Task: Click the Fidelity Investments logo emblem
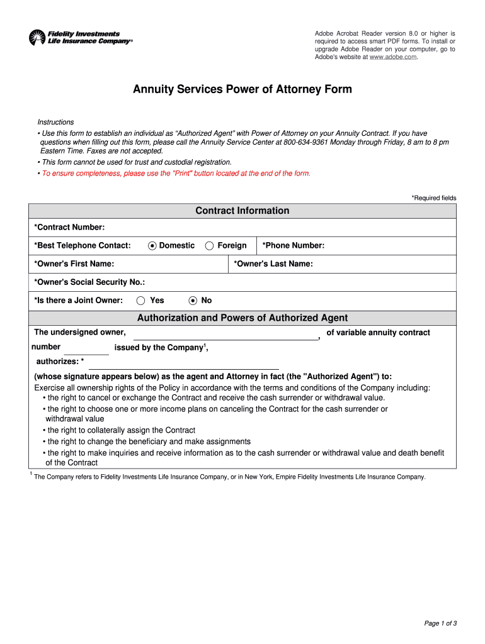[x=37, y=38]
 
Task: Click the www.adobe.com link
[x=393, y=57]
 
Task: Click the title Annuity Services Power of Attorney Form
[x=243, y=89]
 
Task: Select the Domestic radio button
[x=152, y=246]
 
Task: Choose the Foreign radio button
[x=210, y=246]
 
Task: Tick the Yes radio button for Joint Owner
[x=141, y=301]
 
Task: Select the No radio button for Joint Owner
[x=193, y=301]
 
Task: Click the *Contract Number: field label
[x=69, y=227]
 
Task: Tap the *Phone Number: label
[x=293, y=245]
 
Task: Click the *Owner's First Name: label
[x=74, y=264]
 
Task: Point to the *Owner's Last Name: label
[x=273, y=264]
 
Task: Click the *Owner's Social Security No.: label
[x=89, y=282]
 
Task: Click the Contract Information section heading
[x=243, y=211]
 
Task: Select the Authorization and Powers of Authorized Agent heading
[x=243, y=318]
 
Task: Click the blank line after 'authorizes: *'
[x=183, y=364]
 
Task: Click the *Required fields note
[x=434, y=198]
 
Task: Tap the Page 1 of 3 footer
[x=440, y=623]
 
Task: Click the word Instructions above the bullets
[x=55, y=122]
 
